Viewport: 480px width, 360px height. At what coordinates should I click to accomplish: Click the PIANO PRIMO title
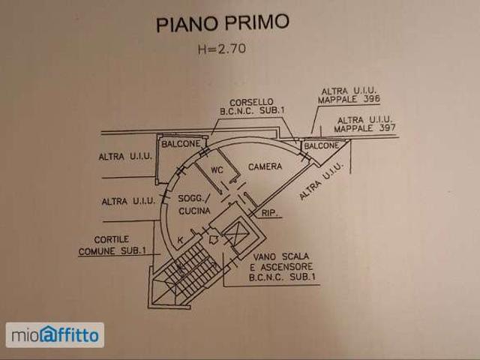(223, 22)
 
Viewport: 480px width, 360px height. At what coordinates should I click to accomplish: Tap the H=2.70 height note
(222, 49)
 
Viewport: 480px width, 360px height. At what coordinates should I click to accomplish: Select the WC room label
(217, 170)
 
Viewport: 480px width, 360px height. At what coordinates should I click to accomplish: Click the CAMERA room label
(265, 166)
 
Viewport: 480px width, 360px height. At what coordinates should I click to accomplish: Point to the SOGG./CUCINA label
(194, 205)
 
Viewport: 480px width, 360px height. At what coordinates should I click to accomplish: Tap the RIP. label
(269, 213)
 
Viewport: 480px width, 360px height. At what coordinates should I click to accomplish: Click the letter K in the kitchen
(181, 240)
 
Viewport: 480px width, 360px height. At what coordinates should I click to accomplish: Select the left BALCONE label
(181, 143)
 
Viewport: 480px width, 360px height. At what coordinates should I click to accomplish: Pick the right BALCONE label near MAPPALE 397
(322, 145)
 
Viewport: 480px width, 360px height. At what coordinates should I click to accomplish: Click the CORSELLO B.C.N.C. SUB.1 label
(252, 106)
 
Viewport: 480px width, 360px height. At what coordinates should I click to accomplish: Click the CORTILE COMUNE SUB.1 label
(112, 245)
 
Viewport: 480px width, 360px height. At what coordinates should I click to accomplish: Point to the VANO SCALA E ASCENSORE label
(282, 267)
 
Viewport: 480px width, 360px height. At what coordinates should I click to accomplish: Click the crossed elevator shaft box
(235, 235)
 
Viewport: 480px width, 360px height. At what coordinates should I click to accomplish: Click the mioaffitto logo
(55, 335)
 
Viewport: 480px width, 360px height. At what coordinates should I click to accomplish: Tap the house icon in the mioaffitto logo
(48, 334)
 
